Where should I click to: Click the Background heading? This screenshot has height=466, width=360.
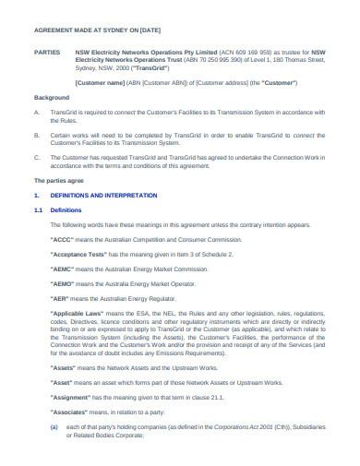point(52,97)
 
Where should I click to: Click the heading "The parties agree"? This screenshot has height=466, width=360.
point(59,181)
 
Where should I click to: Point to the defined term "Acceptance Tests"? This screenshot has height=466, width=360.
point(103,253)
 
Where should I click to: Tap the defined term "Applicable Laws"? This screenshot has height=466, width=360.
point(102,315)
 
